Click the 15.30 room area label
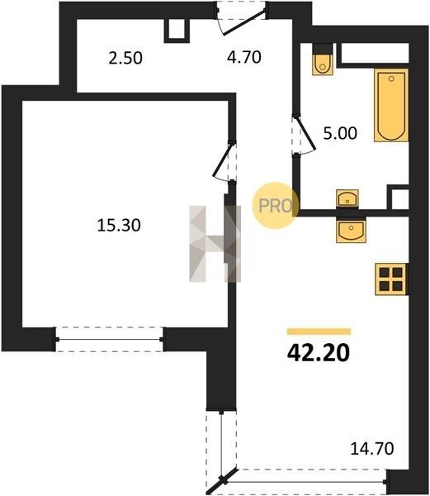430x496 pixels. pos(119,226)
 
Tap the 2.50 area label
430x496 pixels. pos(125,58)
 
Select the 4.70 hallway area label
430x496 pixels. pos(244,57)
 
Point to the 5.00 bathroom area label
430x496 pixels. pos(340,133)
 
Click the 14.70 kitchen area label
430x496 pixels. pos(372,449)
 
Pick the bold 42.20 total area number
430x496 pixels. pos(319,353)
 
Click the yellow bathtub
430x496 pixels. pos(391,105)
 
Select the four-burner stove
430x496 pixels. pos(391,279)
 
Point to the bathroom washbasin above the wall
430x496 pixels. pos(347,198)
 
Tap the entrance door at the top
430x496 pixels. pos(243,18)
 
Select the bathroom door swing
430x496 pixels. pos(304,135)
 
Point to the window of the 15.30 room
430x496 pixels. pos(109,340)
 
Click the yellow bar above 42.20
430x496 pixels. pos(319,331)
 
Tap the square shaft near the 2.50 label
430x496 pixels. pos(177,31)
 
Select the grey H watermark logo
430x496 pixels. pos(215,244)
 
